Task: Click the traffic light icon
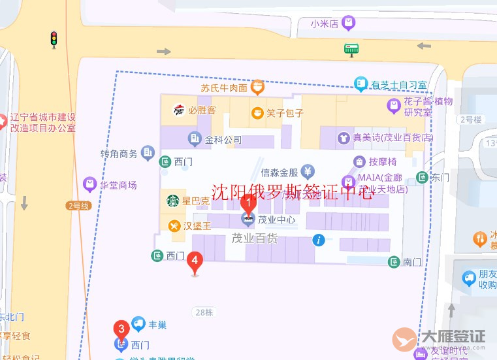[x=54, y=39]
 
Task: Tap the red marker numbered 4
[x=194, y=261]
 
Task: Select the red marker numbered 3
[x=120, y=329]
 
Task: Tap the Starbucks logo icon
[x=173, y=201]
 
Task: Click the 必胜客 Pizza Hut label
[x=202, y=110]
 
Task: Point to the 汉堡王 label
[x=197, y=226]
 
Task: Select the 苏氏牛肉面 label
[x=224, y=88]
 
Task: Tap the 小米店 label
[x=325, y=24]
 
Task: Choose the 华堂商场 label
[x=118, y=185]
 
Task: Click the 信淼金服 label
[x=280, y=172]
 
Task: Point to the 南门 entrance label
[x=412, y=262]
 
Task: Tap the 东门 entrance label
[x=441, y=177]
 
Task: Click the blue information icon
[x=319, y=240]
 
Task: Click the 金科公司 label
[x=223, y=139]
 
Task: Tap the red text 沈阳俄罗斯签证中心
[x=293, y=191]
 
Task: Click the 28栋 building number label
[x=204, y=312]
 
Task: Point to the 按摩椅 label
[x=383, y=161]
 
